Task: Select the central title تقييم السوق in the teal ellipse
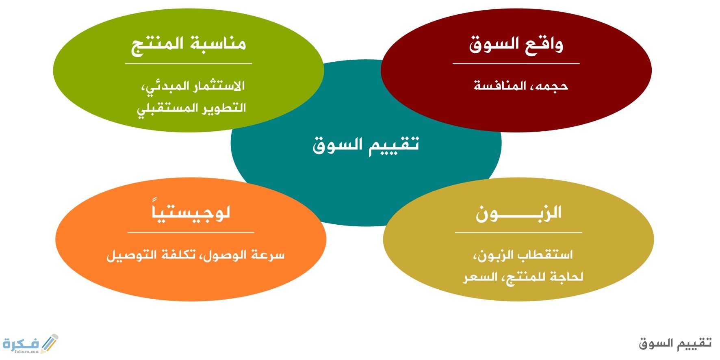point(366,145)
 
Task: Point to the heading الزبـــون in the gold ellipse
point(518,213)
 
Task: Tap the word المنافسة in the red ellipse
point(500,86)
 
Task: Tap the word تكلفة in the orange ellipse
point(179,255)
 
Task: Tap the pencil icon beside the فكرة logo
point(50,344)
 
